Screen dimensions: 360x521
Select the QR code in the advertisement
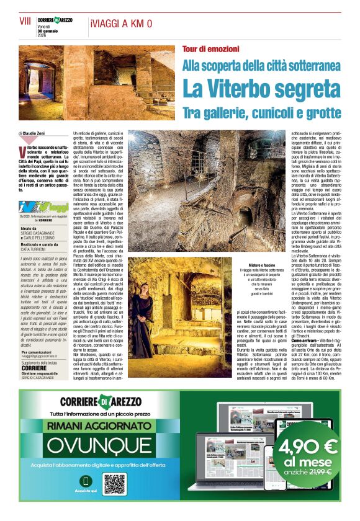[115, 483]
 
